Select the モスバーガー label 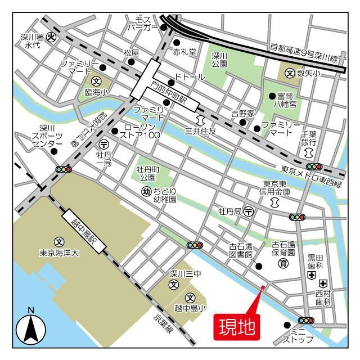(143, 23)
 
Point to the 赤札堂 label (184, 52)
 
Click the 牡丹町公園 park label (148, 173)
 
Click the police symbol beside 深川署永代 (50, 38)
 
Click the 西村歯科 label (323, 298)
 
